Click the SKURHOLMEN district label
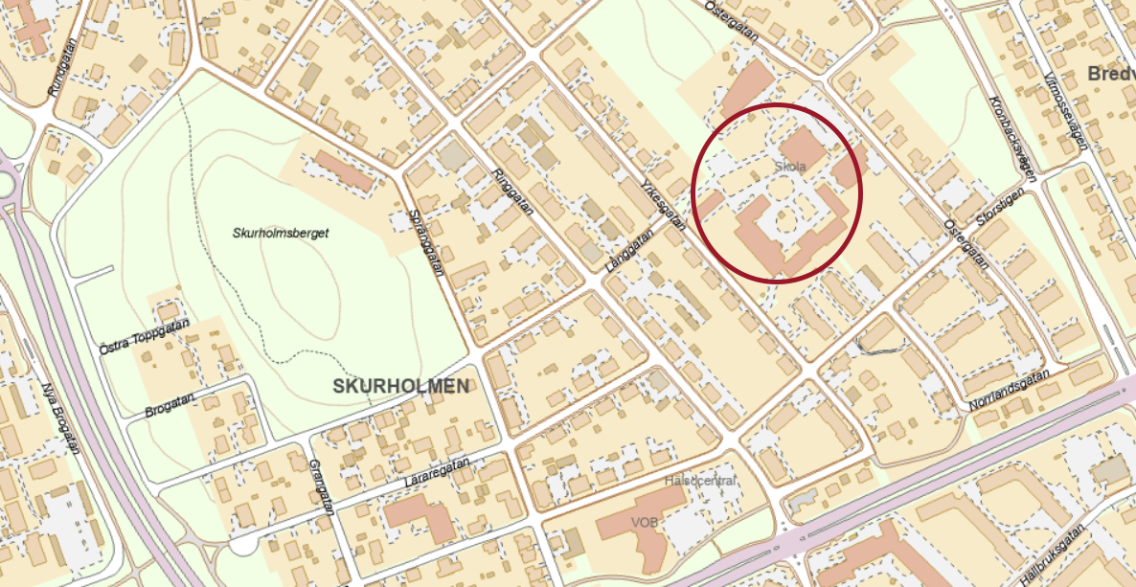point(402,386)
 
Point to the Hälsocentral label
point(700,481)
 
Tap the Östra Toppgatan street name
point(144,336)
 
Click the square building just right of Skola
point(802,147)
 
